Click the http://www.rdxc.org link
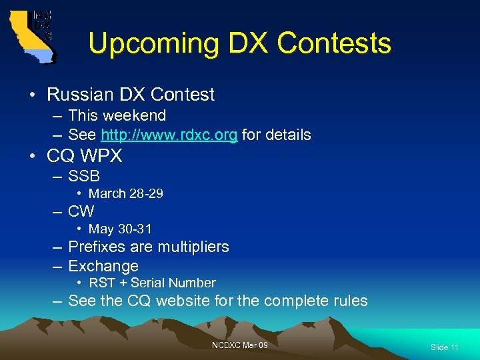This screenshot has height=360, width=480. (169, 135)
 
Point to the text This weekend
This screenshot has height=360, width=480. (117, 115)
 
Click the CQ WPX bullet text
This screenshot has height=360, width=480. (85, 156)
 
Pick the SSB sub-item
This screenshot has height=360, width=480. (83, 177)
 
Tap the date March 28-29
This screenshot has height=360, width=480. (126, 194)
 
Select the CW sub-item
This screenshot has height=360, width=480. (81, 212)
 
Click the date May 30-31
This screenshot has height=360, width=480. (120, 229)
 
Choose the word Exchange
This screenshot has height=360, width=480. (103, 266)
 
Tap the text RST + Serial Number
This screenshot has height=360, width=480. (152, 283)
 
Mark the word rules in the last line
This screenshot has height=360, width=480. (349, 301)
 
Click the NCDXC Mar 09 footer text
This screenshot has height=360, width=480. (240, 345)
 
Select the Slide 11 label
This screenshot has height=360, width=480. (444, 347)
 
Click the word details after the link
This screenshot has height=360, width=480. (286, 135)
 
